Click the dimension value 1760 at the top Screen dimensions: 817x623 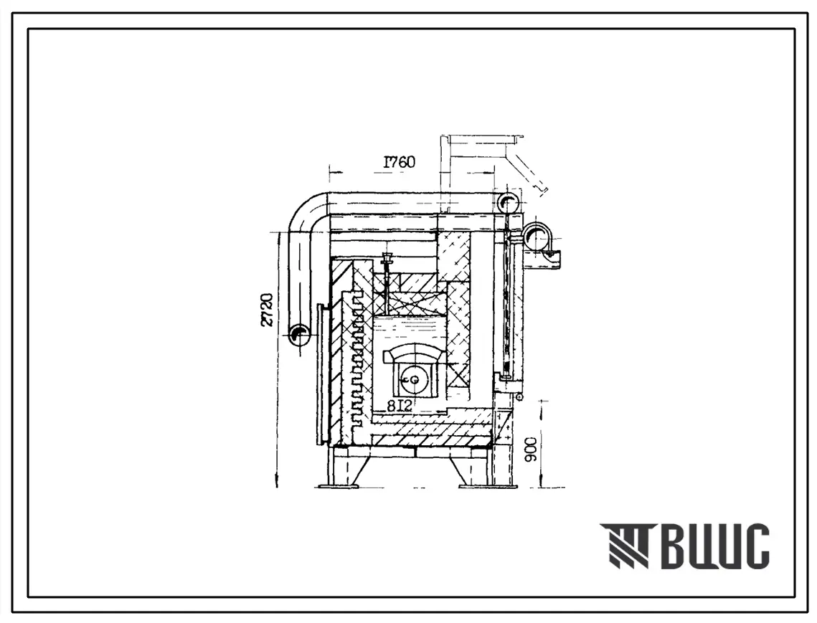(400, 162)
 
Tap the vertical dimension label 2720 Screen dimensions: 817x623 (268, 310)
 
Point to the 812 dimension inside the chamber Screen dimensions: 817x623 (399, 405)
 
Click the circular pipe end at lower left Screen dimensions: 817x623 (300, 335)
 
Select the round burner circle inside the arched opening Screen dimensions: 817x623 (414, 379)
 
